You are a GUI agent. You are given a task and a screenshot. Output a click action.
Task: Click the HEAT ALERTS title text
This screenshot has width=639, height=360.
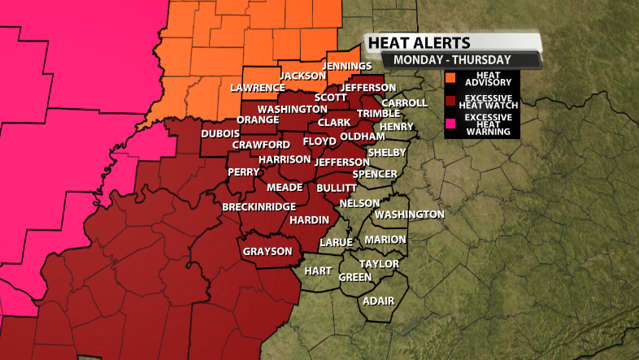tap(418, 42)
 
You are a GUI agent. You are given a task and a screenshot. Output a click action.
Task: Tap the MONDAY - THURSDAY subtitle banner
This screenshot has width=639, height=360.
tap(452, 59)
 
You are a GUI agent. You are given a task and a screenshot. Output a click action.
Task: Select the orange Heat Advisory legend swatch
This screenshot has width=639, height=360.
tap(449, 78)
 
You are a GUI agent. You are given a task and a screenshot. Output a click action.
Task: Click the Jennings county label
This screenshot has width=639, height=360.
tap(346, 66)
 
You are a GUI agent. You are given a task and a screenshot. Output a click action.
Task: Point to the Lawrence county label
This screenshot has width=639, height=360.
tap(257, 88)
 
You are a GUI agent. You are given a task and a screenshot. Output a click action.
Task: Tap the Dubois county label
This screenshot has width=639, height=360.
tap(220, 133)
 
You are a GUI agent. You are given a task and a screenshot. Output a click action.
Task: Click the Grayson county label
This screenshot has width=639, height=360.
tap(267, 251)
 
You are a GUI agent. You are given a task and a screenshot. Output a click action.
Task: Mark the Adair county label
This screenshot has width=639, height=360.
tap(378, 301)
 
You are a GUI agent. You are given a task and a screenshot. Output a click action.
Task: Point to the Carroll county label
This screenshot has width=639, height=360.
tap(404, 103)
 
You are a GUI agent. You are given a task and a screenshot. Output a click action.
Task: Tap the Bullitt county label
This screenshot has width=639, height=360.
tap(337, 188)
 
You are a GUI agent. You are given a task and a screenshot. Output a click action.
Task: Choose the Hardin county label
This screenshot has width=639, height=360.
tap(309, 220)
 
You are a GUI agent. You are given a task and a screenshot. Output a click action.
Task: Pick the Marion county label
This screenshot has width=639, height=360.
tap(385, 240)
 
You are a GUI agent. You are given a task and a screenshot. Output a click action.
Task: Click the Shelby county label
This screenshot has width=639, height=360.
tap(386, 153)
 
